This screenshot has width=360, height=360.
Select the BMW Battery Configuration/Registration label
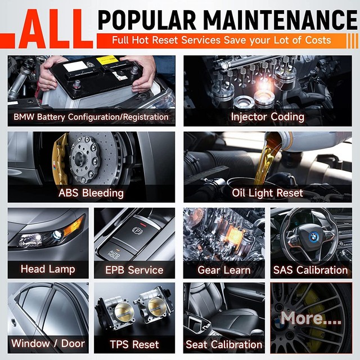[x=91, y=117]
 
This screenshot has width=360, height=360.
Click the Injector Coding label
[x=267, y=117]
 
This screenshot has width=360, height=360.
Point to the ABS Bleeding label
[x=91, y=193]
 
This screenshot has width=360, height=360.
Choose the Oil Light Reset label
[x=267, y=193]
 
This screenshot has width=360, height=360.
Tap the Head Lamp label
[x=48, y=269]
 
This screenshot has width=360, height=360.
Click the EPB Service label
[x=134, y=269]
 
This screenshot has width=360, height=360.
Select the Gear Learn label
[x=225, y=269]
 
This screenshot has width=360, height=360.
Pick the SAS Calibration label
[x=310, y=269]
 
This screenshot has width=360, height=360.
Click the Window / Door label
[x=48, y=343]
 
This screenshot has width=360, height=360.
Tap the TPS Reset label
[x=134, y=344]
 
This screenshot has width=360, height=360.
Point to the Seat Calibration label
[x=224, y=344]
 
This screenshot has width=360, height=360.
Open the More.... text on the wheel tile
[x=311, y=318]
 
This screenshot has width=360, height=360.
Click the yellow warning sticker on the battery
[x=107, y=60]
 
